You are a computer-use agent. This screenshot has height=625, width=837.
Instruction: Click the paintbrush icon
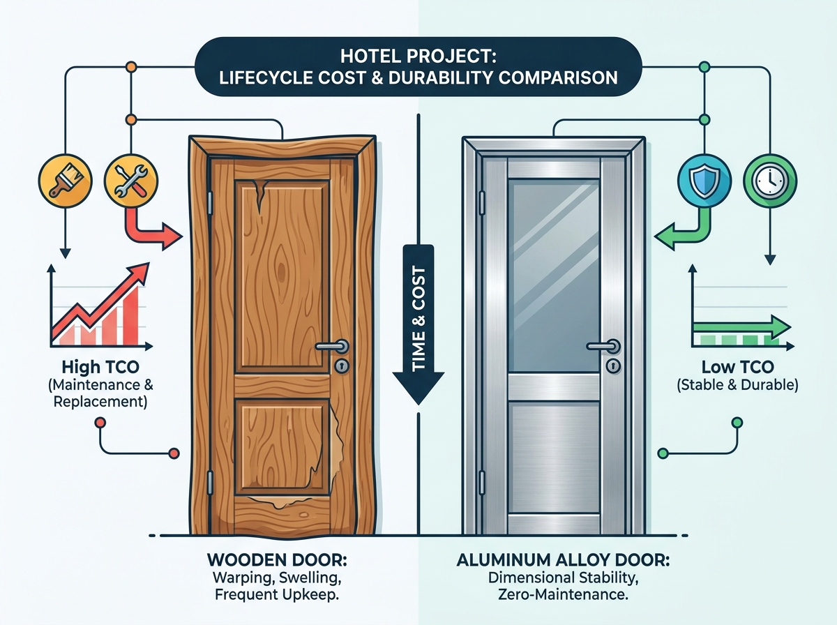click(65, 181)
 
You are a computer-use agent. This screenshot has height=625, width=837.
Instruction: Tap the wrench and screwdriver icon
click(131, 181)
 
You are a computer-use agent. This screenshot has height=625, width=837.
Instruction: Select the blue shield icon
click(704, 181)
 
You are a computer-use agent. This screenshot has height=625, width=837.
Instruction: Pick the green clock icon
click(770, 181)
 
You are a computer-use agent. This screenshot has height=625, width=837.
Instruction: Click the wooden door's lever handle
click(332, 346)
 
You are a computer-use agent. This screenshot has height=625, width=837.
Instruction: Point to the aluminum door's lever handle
click(603, 346)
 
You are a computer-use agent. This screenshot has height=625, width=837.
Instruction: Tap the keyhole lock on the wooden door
click(342, 366)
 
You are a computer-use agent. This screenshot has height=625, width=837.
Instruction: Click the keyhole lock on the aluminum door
click(613, 366)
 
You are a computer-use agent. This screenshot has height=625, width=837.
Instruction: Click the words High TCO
click(100, 367)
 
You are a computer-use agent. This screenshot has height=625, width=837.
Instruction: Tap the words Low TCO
click(737, 367)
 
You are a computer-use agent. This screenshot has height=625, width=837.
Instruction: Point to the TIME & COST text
click(418, 319)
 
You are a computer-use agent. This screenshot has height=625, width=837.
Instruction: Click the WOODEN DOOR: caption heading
click(277, 560)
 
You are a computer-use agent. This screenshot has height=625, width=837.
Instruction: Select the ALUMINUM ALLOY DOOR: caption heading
click(563, 560)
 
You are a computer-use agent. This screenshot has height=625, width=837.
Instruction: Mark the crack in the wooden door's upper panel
click(259, 195)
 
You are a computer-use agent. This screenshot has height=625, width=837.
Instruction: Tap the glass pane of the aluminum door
click(554, 276)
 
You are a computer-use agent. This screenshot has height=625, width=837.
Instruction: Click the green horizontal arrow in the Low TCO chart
click(741, 327)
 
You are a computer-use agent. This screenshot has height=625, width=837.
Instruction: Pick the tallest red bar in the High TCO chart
click(131, 315)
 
